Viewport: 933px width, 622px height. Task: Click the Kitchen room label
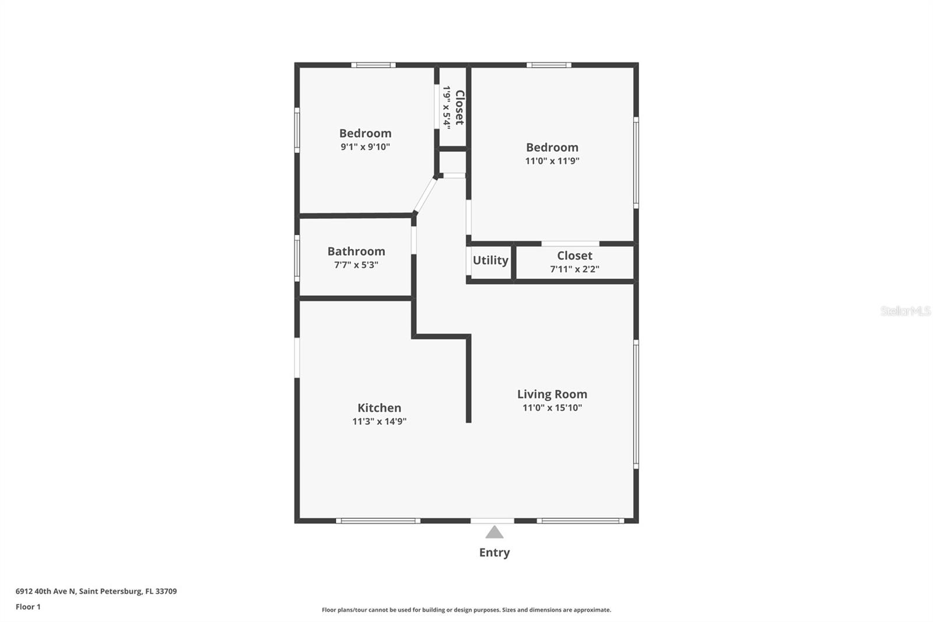tap(379, 408)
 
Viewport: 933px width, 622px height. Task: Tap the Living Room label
tap(552, 394)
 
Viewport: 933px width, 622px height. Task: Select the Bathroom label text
tap(356, 251)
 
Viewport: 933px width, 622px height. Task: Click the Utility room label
tap(490, 260)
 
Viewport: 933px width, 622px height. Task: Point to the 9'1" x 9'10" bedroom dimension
tap(365, 147)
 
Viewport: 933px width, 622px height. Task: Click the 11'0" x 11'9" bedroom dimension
tap(552, 161)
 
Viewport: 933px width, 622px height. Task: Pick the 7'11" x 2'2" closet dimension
tap(574, 269)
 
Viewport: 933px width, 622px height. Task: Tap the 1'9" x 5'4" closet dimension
tap(447, 107)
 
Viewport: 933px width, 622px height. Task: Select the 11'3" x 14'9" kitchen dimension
tap(379, 421)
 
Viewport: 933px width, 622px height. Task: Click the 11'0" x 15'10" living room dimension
tap(552, 408)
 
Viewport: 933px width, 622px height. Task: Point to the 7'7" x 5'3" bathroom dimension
tap(356, 265)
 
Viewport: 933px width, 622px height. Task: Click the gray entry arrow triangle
tap(494, 532)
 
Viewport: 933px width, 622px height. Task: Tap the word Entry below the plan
tap(494, 553)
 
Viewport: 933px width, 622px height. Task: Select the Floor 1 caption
tap(28, 607)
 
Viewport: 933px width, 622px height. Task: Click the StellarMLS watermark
tap(905, 311)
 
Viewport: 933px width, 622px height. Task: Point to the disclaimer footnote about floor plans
tap(466, 610)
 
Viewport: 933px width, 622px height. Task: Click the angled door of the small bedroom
tap(425, 194)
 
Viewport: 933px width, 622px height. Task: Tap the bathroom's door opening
tap(414, 240)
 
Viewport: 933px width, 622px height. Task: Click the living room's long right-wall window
tap(636, 404)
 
